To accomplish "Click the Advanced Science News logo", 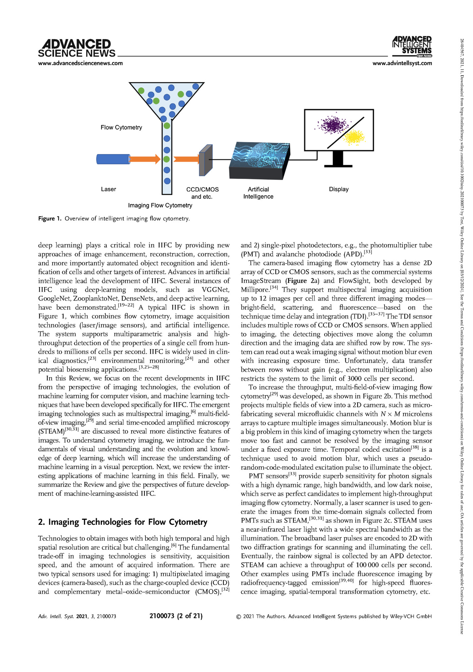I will pos(77,48).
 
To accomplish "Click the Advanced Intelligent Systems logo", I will pos(412,46).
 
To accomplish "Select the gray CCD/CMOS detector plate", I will pos(205,160).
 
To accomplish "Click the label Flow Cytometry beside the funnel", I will pos(121,128).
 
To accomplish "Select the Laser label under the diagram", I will pos(108,189).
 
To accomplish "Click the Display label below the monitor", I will pos(339,189).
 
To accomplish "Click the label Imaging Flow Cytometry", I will pos(160,205).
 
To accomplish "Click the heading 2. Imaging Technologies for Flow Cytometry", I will pos(123,522).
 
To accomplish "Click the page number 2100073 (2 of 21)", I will pos(176,616).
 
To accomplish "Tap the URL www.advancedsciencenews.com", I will pos(80,63).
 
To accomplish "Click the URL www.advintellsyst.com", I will pos(402,63).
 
